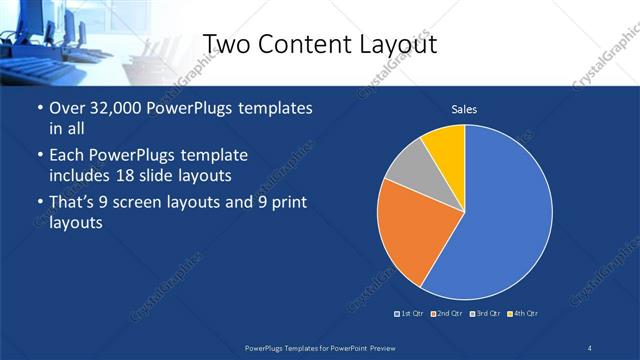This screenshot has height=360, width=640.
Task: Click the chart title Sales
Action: tap(463, 108)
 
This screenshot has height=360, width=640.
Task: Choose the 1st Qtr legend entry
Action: tap(409, 314)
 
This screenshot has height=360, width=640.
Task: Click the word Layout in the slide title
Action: tap(389, 44)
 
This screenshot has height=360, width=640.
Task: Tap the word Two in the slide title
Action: tap(228, 44)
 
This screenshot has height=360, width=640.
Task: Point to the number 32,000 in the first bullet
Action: tap(121, 108)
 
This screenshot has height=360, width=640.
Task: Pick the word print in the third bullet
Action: tap(282, 203)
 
